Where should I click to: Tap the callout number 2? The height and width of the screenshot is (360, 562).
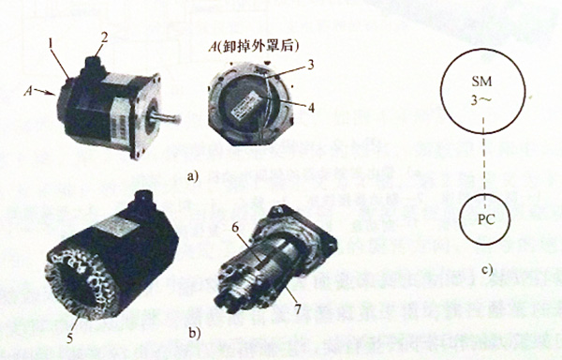pyautogui.click(x=106, y=37)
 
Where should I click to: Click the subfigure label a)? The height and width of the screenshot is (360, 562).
pyautogui.click(x=193, y=175)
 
